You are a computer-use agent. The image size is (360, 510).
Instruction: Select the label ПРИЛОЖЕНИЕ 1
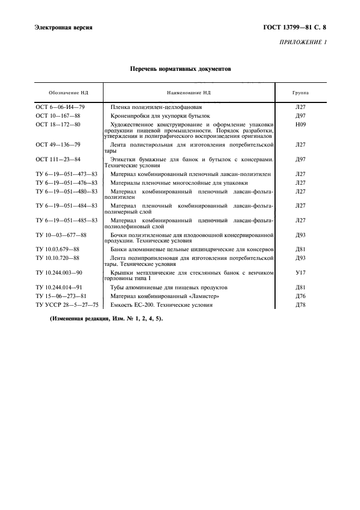(x=303, y=42)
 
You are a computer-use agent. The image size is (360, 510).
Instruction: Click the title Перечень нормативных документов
(x=180, y=69)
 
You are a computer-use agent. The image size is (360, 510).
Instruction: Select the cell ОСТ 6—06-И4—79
(x=60, y=107)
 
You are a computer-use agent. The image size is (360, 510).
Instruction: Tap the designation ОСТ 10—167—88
(x=58, y=116)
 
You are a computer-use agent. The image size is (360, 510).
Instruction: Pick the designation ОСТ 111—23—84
(x=58, y=159)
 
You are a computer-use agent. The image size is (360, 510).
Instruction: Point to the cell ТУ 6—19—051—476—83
(x=66, y=183)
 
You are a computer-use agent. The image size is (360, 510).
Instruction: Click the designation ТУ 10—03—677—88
(x=61, y=235)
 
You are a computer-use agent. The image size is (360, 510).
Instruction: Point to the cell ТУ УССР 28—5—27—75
(x=66, y=305)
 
